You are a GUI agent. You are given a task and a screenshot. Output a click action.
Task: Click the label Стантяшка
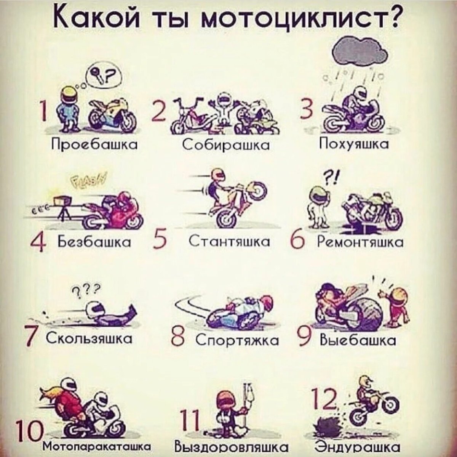(x=230, y=241)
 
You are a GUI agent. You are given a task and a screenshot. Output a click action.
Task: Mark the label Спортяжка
(x=237, y=340)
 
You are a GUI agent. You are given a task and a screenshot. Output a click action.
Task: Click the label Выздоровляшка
(x=231, y=447)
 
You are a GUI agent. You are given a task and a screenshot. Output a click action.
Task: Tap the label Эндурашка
(x=358, y=447)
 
